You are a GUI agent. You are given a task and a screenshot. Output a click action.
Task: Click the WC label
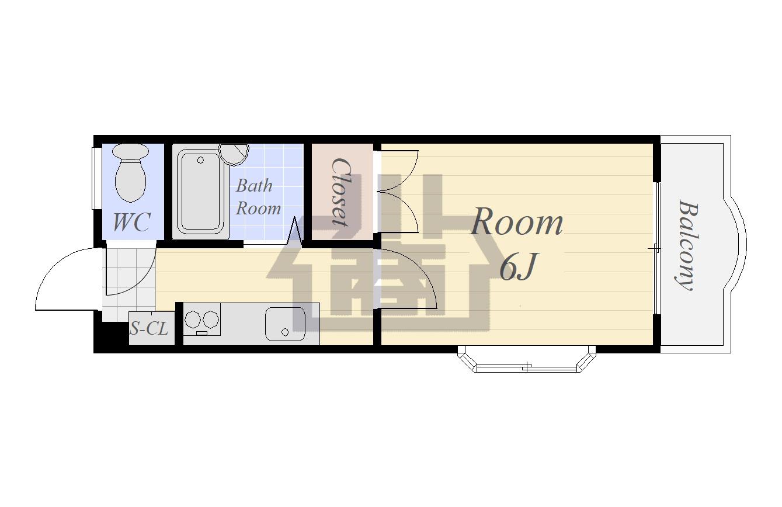131,222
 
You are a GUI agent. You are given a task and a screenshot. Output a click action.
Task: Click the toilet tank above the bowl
131,151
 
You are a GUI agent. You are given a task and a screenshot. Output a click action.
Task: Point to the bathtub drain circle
200,160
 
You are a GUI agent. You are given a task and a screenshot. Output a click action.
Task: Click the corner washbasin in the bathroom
234,154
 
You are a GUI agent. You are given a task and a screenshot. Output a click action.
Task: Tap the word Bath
254,185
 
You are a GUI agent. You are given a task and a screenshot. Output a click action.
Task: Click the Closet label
340,192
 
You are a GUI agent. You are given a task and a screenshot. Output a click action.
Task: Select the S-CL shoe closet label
149,328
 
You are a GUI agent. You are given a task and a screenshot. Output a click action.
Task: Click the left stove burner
193,319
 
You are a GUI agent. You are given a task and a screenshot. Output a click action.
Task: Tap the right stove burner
210,319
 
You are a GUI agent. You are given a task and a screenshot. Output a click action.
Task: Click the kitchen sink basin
285,324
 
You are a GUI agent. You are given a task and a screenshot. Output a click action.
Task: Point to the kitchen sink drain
285,332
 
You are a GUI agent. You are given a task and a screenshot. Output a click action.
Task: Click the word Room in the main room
517,222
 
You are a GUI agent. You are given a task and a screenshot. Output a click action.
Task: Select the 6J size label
517,268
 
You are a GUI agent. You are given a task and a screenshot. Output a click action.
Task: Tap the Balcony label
687,245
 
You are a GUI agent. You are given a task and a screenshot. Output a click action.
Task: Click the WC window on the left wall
93,178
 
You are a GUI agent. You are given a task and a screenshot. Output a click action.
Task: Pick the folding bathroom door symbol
295,231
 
